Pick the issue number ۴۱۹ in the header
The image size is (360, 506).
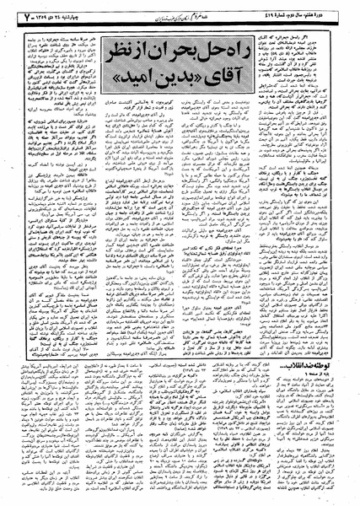point(277,16)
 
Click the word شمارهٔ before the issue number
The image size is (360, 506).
point(292,16)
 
